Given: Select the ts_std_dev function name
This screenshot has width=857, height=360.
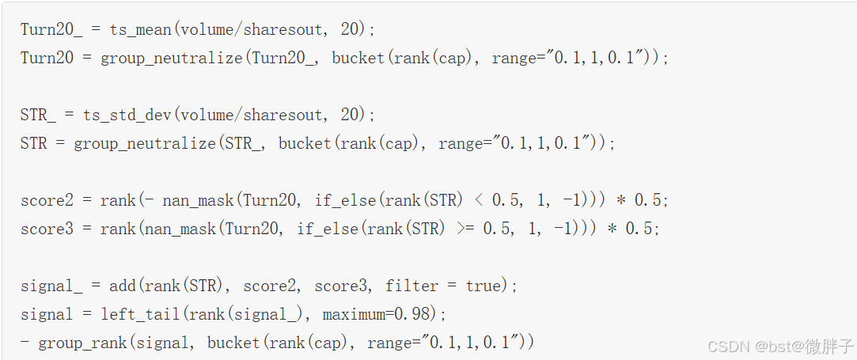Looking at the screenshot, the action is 127,115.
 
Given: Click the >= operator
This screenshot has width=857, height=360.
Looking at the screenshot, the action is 465,229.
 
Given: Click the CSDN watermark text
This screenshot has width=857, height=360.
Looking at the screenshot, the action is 728,346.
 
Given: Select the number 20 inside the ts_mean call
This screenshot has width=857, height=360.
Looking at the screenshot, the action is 350,29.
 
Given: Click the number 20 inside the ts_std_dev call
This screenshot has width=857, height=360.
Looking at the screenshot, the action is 350,115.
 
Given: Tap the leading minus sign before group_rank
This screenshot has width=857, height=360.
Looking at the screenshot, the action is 25,343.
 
